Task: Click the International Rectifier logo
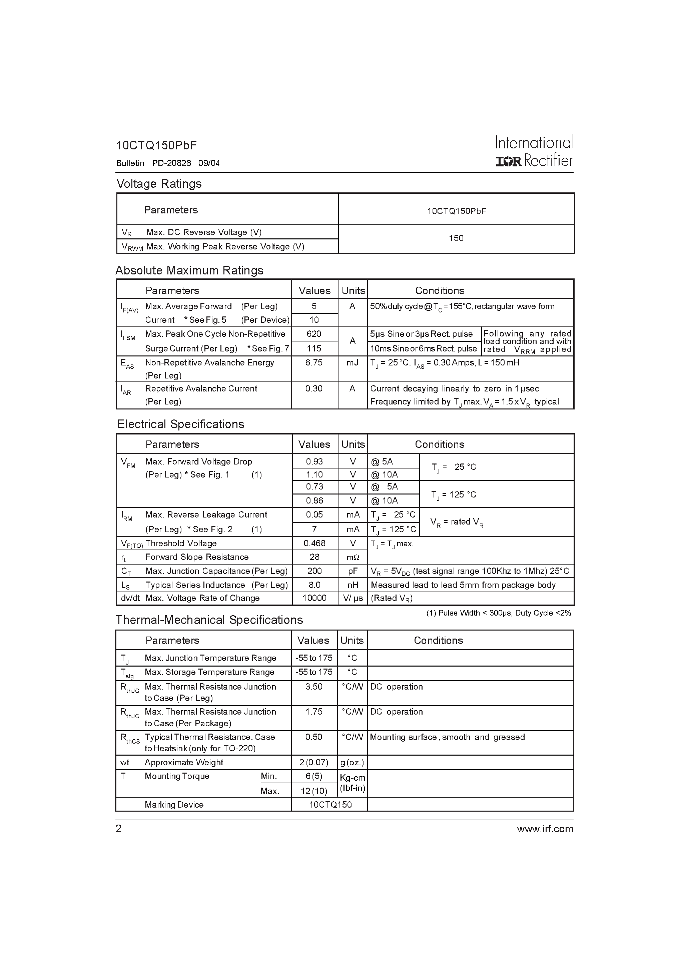pyautogui.click(x=534, y=151)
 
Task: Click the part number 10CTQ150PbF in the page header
pyautogui.click(x=156, y=145)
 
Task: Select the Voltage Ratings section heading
pyautogui.click(x=159, y=184)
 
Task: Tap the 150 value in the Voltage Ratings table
pyautogui.click(x=456, y=238)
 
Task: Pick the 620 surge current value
pyautogui.click(x=314, y=334)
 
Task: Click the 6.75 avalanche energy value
pyautogui.click(x=314, y=363)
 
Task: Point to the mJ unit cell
pyautogui.click(x=352, y=363)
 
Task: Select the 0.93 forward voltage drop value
pyautogui.click(x=314, y=461)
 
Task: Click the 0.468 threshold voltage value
pyautogui.click(x=314, y=544)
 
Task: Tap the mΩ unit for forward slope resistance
pyautogui.click(x=353, y=557)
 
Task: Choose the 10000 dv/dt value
pyautogui.click(x=314, y=598)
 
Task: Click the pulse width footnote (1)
pyautogui.click(x=498, y=613)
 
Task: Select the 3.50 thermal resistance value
pyautogui.click(x=314, y=687)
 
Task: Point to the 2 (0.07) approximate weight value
pyautogui.click(x=314, y=762)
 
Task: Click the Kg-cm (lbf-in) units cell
pyautogui.click(x=353, y=783)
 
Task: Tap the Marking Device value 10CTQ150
pyautogui.click(x=330, y=805)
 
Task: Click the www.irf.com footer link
pyautogui.click(x=545, y=829)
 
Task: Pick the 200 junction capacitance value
pyautogui.click(x=314, y=571)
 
